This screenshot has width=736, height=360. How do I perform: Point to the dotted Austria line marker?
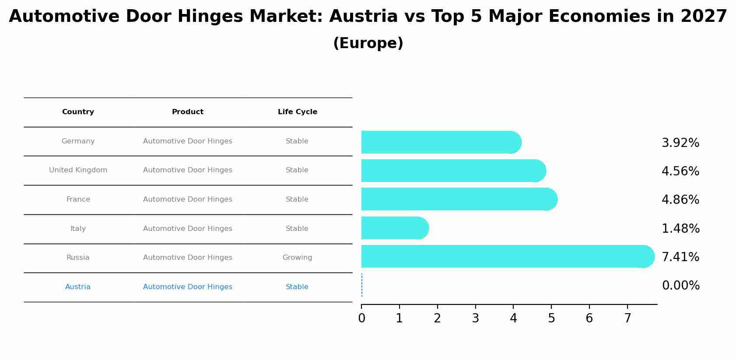362,285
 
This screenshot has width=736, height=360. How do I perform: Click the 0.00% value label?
680,286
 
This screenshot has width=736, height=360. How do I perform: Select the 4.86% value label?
680,200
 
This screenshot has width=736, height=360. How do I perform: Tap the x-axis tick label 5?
551,318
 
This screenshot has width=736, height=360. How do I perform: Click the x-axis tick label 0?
361,318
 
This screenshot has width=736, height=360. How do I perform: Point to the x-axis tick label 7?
627,318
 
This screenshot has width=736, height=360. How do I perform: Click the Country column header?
78,112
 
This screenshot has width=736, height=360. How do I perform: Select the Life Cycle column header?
297,112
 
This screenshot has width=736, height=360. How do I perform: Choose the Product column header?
187,112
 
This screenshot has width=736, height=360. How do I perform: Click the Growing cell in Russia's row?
297,258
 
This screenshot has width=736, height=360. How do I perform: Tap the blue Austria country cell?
78,287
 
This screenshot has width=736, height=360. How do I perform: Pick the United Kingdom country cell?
78,170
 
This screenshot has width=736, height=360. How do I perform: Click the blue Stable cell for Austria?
297,287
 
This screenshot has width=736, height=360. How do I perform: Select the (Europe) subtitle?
368,43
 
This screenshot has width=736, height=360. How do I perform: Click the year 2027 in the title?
704,17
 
